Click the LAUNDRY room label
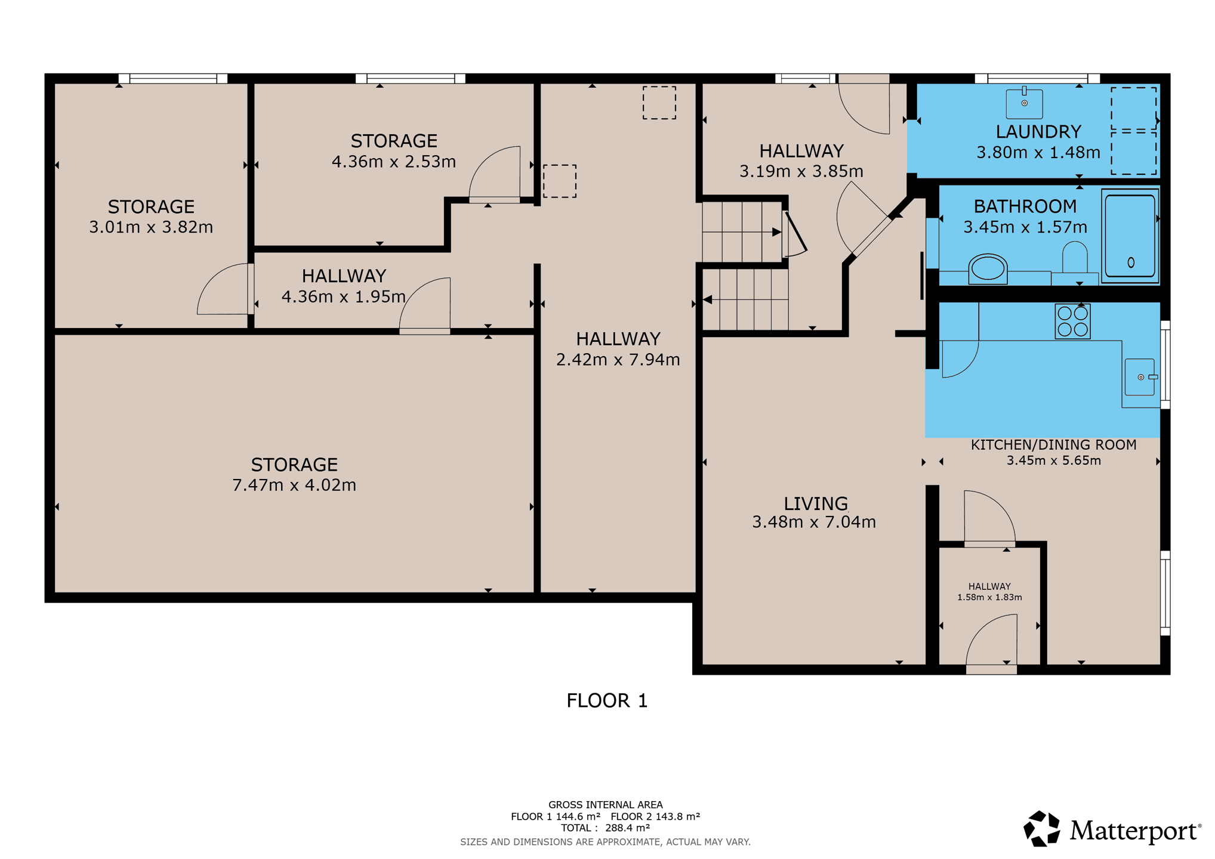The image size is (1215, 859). [x=1038, y=131]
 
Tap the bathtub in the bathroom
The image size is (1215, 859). [x=1130, y=236]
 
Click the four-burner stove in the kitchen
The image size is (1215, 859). [x=1072, y=322]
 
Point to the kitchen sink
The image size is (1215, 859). [x=1140, y=377]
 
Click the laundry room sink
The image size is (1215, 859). [x=1024, y=103]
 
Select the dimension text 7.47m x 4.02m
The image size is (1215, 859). [x=294, y=485]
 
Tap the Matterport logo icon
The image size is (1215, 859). [x=1041, y=829]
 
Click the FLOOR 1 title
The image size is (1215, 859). [x=607, y=700]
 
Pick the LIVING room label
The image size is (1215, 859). [x=815, y=503]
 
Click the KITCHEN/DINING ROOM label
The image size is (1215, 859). [x=1053, y=445]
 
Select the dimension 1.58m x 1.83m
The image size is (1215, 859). [x=989, y=597]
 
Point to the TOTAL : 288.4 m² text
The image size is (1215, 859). [x=605, y=828]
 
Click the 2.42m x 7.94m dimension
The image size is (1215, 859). [x=618, y=360]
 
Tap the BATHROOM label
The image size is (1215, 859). [x=1025, y=206]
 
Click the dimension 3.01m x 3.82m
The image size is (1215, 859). [x=151, y=227]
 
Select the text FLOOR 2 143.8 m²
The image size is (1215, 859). [x=655, y=817]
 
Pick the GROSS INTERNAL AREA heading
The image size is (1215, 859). [x=605, y=805]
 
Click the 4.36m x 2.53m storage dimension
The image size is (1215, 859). [x=394, y=162]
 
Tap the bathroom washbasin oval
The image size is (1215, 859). [x=988, y=268]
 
